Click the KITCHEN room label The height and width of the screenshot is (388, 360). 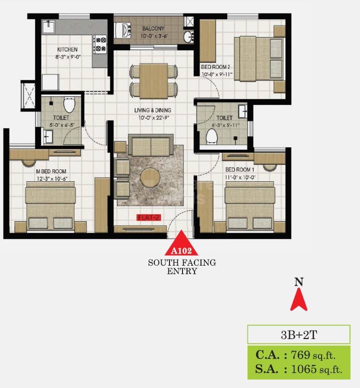click(67, 49)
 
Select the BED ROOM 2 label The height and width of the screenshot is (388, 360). click(215, 67)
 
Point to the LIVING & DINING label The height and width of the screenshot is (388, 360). click(152, 110)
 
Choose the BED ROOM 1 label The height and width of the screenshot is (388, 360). click(240, 170)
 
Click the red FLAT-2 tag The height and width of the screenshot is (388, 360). click(148, 218)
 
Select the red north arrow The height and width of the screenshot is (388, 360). click(299, 300)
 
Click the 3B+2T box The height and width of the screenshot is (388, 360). click(298, 333)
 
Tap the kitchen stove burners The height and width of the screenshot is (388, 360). click(100, 43)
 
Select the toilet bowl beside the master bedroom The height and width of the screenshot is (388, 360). click(69, 105)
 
